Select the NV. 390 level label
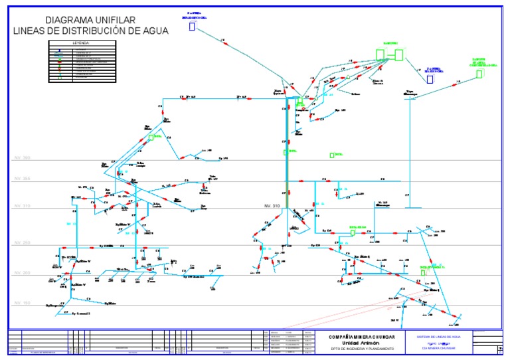coord(23,159)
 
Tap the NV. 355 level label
coord(23,179)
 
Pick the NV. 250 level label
coord(23,243)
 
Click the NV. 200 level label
coord(23,273)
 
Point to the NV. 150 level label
coord(23,303)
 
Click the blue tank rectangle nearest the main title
coord(192,27)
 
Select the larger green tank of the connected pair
coord(398,54)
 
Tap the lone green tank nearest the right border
coord(479,74)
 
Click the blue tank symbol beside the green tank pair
coord(430,79)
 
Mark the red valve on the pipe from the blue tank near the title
coord(224,43)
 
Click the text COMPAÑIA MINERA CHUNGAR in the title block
coord(361,337)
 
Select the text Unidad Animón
coord(361,343)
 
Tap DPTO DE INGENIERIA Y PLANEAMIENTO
coord(361,349)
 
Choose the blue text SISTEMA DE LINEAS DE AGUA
coord(438,337)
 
